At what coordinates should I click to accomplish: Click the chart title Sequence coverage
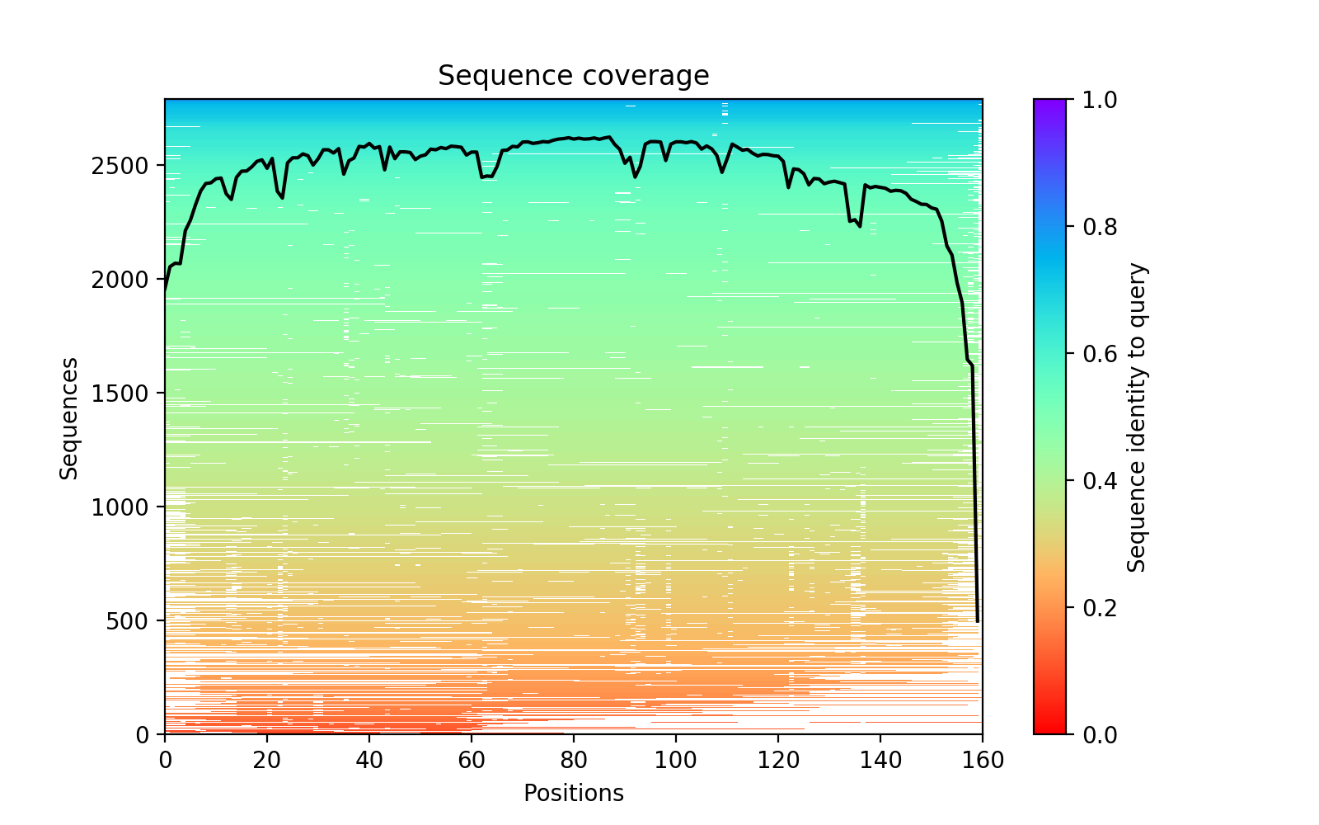coord(573,76)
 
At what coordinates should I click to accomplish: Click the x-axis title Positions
coord(573,794)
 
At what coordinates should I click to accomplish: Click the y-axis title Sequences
coord(69,417)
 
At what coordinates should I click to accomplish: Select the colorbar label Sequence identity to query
coord(1137,417)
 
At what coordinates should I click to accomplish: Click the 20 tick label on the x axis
coord(267,761)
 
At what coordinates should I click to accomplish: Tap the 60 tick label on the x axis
coord(472,761)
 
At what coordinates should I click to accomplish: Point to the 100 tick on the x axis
coord(676,761)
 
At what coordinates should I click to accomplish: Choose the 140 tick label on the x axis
coord(880,761)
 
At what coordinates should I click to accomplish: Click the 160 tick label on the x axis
coord(982,761)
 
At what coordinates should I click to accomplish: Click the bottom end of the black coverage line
coord(978,621)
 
